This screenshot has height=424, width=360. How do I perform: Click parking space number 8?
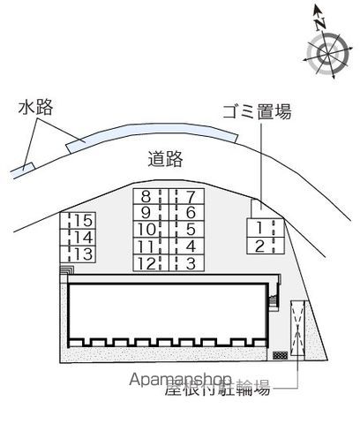(x=151, y=196)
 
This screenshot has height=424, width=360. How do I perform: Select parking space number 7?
(x=186, y=196)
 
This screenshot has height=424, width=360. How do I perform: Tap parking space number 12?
(x=151, y=263)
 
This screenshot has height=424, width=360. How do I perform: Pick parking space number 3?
(x=186, y=263)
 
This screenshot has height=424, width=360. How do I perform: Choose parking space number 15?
(x=79, y=221)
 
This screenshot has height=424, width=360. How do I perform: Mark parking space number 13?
(x=79, y=254)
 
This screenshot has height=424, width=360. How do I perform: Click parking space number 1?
(x=266, y=228)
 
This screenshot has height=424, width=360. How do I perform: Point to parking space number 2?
(x=266, y=246)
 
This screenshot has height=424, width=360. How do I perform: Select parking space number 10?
(x=151, y=230)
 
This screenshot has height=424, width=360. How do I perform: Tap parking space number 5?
(x=186, y=230)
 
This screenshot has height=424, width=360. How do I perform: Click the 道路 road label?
(x=165, y=159)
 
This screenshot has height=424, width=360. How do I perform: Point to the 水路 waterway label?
(x=36, y=107)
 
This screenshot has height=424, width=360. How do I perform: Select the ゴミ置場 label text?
(x=257, y=112)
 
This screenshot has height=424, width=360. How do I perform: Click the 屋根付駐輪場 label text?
(x=217, y=388)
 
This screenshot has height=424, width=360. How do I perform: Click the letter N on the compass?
(x=320, y=24)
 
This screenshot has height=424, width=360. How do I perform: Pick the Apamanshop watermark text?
(x=180, y=380)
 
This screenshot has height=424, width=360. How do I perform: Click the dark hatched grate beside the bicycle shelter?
(x=281, y=355)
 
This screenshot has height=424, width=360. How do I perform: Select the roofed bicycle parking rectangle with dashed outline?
(x=297, y=329)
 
